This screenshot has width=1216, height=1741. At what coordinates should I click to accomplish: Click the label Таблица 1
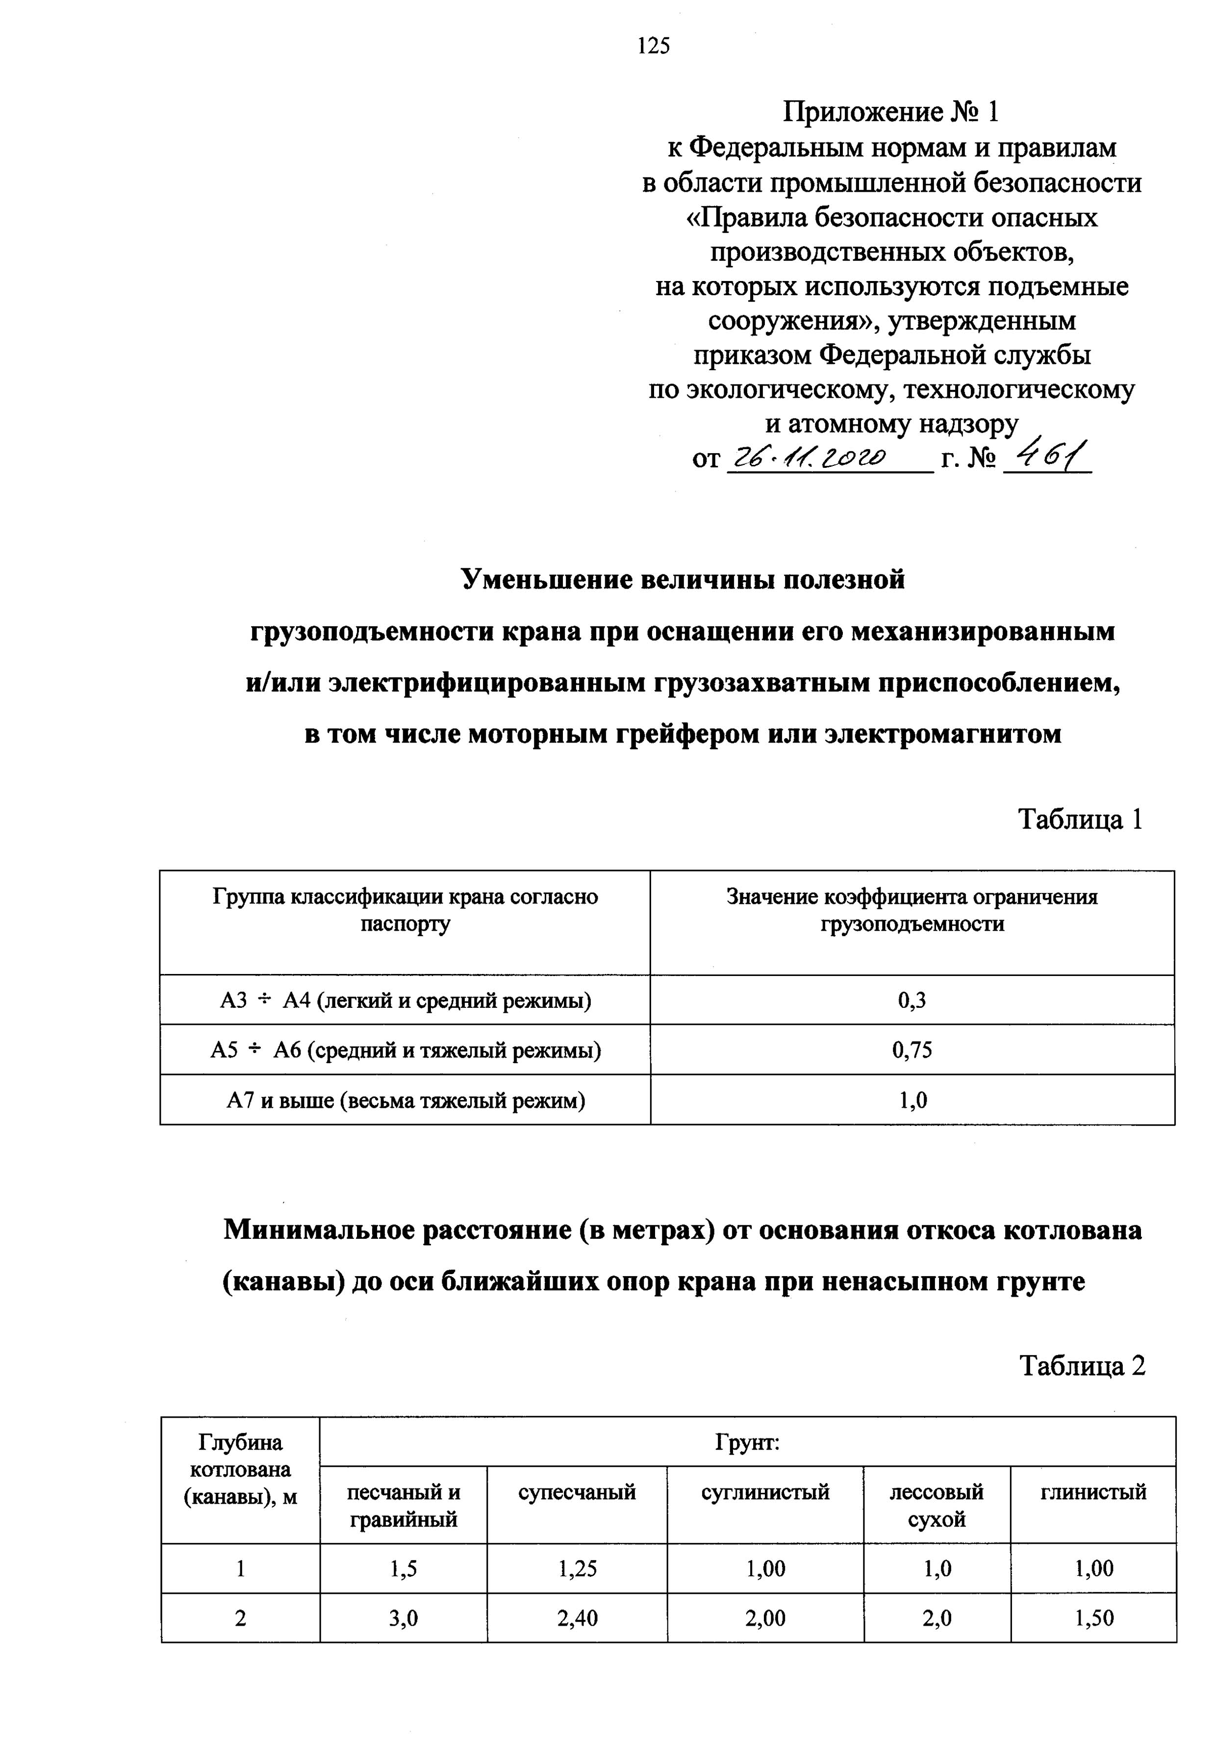pyautogui.click(x=1080, y=819)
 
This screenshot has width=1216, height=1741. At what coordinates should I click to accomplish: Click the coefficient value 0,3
pyautogui.click(x=912, y=1001)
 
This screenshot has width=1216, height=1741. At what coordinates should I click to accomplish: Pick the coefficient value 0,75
pyautogui.click(x=912, y=1050)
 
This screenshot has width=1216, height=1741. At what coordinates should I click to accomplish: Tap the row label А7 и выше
pyautogui.click(x=405, y=1100)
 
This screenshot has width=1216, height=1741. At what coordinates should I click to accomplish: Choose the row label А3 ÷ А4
pyautogui.click(x=405, y=1001)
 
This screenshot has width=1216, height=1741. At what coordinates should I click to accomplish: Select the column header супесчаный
pyautogui.click(x=577, y=1492)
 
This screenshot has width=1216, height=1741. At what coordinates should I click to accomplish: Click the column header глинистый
pyautogui.click(x=1093, y=1492)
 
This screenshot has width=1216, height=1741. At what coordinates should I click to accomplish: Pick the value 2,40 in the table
pyautogui.click(x=577, y=1619)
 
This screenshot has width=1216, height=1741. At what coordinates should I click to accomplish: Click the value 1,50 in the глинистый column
pyautogui.click(x=1093, y=1619)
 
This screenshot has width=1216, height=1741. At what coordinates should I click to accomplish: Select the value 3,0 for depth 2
pyautogui.click(x=404, y=1619)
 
